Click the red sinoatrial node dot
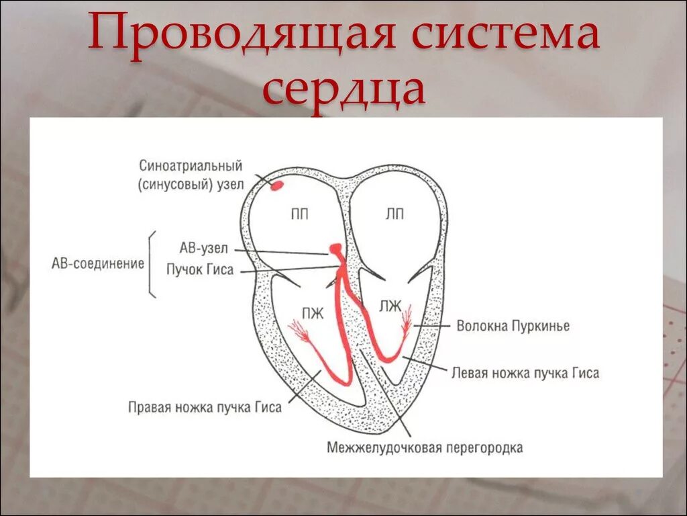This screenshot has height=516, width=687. [276, 184]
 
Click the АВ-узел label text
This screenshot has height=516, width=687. [204, 249]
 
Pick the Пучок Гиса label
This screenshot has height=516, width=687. [200, 269]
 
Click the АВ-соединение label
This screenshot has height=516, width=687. [98, 263]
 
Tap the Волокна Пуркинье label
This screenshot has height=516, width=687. [513, 326]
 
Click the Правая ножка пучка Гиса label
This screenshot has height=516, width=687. [205, 407]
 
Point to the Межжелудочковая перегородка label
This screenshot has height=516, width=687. [425, 447]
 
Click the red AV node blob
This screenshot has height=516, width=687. [335, 251]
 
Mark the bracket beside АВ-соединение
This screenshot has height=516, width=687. [152, 263]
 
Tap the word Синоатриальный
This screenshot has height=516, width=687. [191, 165]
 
